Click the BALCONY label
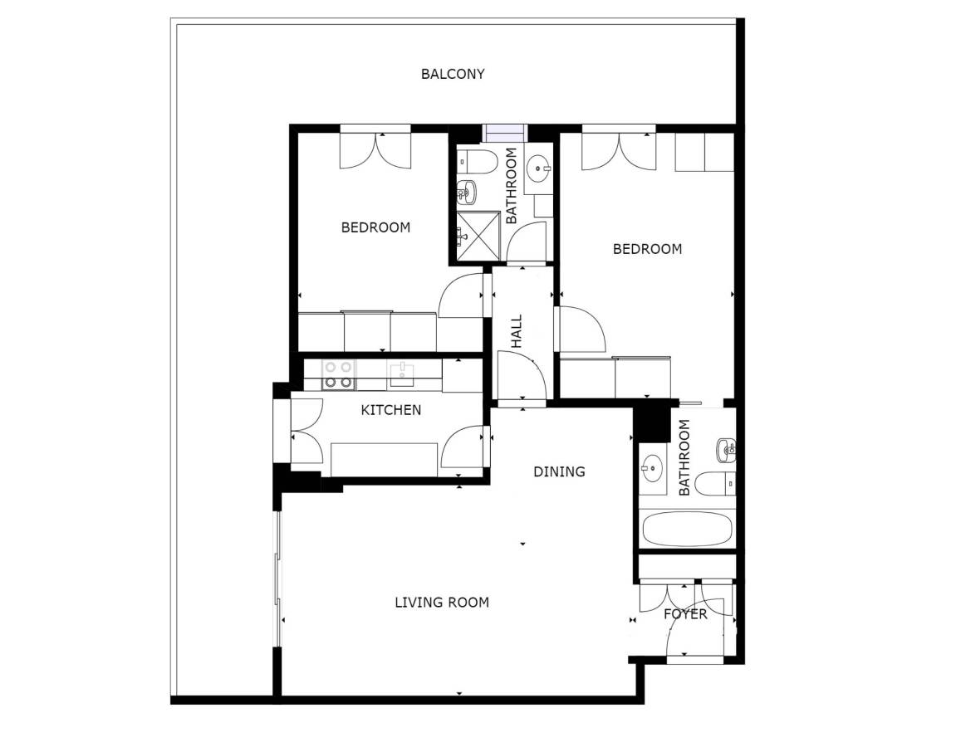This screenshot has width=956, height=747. [x=453, y=75]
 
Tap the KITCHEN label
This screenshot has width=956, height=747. [x=391, y=410]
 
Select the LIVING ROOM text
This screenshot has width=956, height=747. [x=442, y=603]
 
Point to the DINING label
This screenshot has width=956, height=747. [x=559, y=471]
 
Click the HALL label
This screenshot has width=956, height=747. [x=517, y=331]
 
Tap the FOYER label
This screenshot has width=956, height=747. [x=685, y=614]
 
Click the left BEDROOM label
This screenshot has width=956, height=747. [x=375, y=228]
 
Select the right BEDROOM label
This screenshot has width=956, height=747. [x=647, y=249]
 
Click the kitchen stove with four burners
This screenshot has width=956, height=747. [x=338, y=374]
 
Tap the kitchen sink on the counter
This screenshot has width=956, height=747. [x=402, y=374]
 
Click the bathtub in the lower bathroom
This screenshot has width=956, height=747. [x=687, y=529]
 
